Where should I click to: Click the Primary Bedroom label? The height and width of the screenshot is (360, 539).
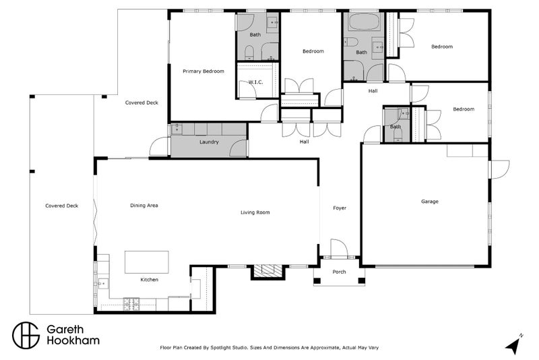tap(203, 71)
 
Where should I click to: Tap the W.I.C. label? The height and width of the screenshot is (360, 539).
tap(255, 82)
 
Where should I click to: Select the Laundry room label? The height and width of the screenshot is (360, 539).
tap(209, 142)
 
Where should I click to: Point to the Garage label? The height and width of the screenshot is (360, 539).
tap(430, 202)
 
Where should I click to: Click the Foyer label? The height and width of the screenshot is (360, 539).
tap(340, 208)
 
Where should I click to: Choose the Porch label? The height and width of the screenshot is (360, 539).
tap(339, 272)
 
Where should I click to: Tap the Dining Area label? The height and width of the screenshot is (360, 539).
tap(144, 205)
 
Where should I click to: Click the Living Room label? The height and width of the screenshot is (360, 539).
tap(255, 212)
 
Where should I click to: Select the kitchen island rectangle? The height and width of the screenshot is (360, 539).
tap(147, 262)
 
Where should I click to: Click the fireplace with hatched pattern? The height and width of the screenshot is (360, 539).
tap(267, 272)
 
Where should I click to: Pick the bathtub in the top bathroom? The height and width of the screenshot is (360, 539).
tap(364, 22)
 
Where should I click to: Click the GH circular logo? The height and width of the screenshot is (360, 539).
tap(26, 335)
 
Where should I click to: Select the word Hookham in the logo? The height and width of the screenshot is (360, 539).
tap(73, 340)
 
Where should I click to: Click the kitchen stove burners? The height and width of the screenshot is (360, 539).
tap(131, 304)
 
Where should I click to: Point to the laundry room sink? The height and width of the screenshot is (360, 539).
tap(177, 129)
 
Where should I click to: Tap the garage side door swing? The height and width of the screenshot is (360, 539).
tap(499, 169)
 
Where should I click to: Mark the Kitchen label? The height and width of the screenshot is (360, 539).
tap(149, 280)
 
